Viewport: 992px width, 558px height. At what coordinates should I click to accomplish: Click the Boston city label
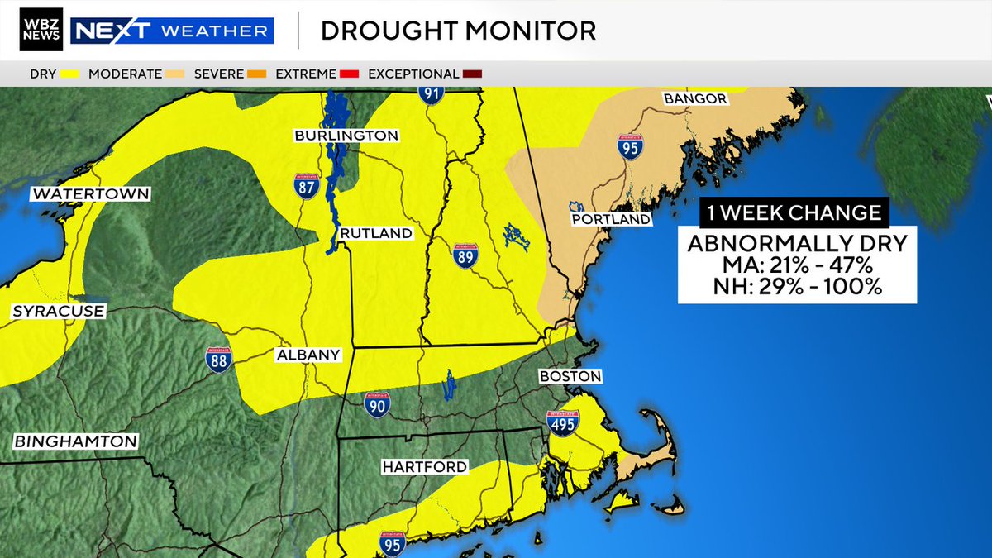coord(570,376)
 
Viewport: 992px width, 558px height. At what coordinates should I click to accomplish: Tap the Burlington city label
coord(346,135)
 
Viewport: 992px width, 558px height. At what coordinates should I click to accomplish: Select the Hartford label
coord(424,467)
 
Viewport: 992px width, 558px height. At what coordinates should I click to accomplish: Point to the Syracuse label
coord(58,312)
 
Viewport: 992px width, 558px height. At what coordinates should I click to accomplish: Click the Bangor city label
coord(694,99)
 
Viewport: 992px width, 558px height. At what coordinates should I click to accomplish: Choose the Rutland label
coord(375,233)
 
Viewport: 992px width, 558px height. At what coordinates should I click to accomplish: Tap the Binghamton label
coord(75,441)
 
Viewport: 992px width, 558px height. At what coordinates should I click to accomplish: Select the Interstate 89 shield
coord(465,255)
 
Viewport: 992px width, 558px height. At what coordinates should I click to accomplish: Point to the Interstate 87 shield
coord(307,186)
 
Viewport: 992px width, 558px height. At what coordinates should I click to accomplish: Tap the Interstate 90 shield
coord(377,404)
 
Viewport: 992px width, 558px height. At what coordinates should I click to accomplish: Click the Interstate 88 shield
coord(218,359)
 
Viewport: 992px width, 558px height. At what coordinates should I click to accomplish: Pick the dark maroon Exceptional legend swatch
coord(473,74)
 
